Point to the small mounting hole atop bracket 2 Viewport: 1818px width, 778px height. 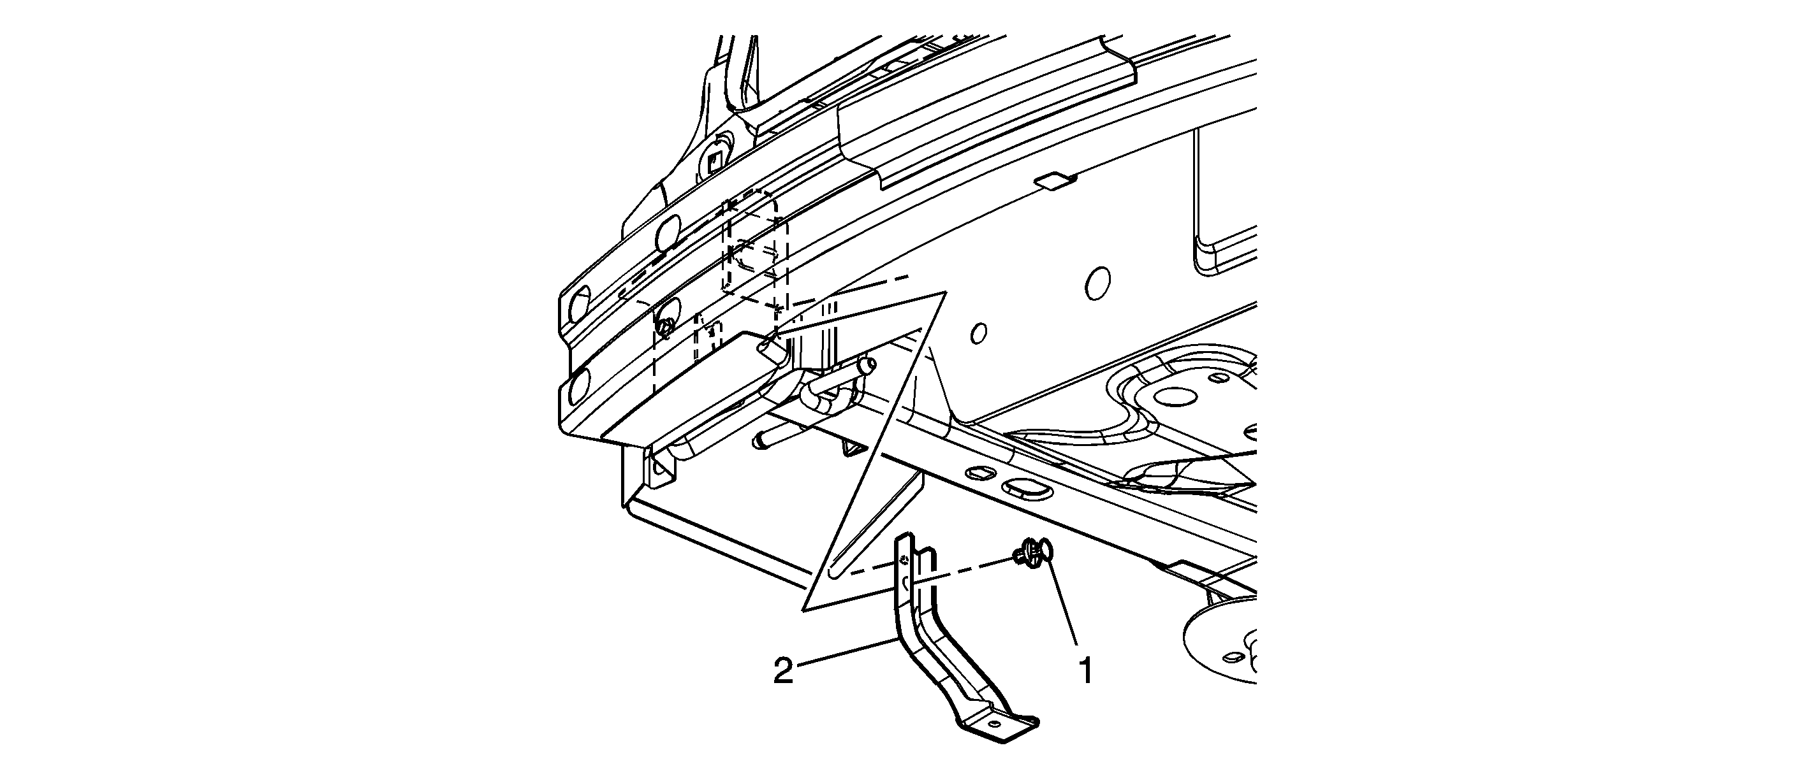click(905, 561)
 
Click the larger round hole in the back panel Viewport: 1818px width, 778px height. click(1097, 284)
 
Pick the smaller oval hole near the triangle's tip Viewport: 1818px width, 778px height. click(978, 333)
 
